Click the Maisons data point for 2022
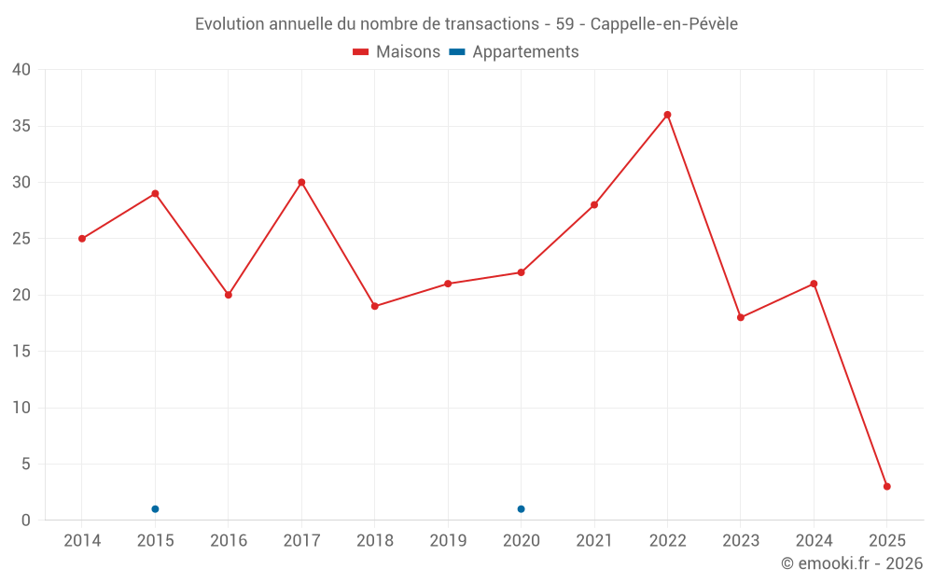tap(667, 115)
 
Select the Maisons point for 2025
tap(886, 486)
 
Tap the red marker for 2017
tap(301, 182)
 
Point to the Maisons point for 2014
tap(82, 239)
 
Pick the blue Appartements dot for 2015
tap(155, 508)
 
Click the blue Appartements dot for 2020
tap(521, 508)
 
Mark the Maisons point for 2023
tap(741, 317)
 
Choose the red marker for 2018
tap(374, 306)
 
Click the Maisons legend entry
tap(397, 52)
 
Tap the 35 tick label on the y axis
tap(21, 126)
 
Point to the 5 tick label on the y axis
tap(26, 464)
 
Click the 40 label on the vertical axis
tap(21, 70)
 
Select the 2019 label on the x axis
tap(448, 540)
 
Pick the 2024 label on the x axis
tap(814, 540)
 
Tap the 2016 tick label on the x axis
tap(229, 540)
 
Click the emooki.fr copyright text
tap(851, 563)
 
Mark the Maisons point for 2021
tap(594, 204)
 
